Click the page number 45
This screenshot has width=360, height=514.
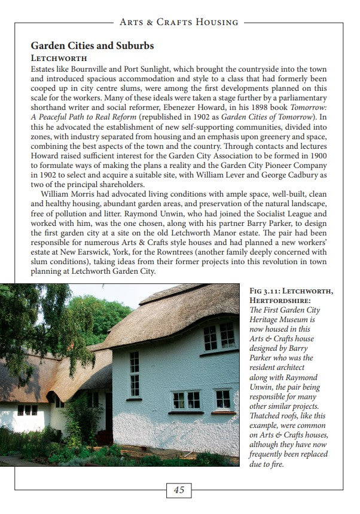click(179, 490)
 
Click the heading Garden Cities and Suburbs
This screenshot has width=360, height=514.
click(92, 45)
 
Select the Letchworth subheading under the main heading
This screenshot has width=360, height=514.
click(59, 58)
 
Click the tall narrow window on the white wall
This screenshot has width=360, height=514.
click(134, 373)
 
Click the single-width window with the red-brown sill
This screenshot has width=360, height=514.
click(223, 399)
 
